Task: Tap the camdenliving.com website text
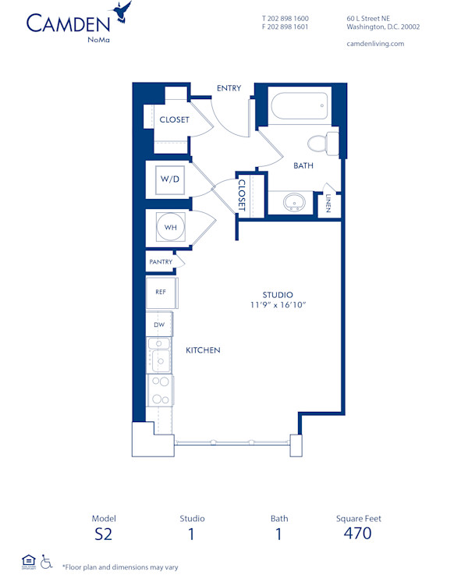pos(374,44)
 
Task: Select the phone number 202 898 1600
pos(289,17)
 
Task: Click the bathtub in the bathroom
pos(299,108)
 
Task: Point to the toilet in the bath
pos(322,143)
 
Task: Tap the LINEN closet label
pos(328,203)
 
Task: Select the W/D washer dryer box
pos(170,179)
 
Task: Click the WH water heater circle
pos(170,228)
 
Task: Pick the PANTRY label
pos(161,263)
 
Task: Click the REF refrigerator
pos(161,292)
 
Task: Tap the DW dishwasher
pos(159,324)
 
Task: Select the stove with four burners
pos(160,390)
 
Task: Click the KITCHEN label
pos(203,350)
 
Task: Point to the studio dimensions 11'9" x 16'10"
pos(272,305)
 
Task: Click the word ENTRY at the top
pos(229,88)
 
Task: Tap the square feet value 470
pos(357,534)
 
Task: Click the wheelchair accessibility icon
pos(46,561)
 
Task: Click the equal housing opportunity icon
pos(28,560)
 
